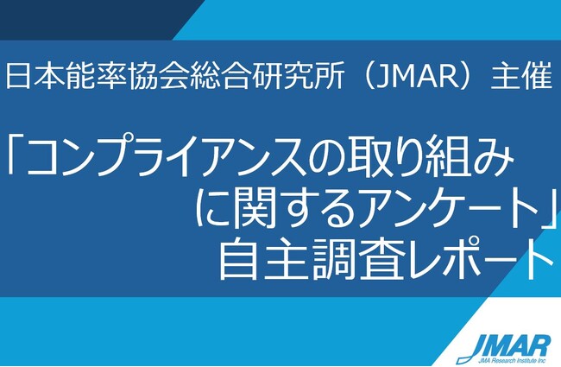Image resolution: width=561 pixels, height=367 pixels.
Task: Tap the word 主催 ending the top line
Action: coord(521,76)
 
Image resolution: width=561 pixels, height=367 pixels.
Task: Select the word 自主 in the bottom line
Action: coord(264,259)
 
